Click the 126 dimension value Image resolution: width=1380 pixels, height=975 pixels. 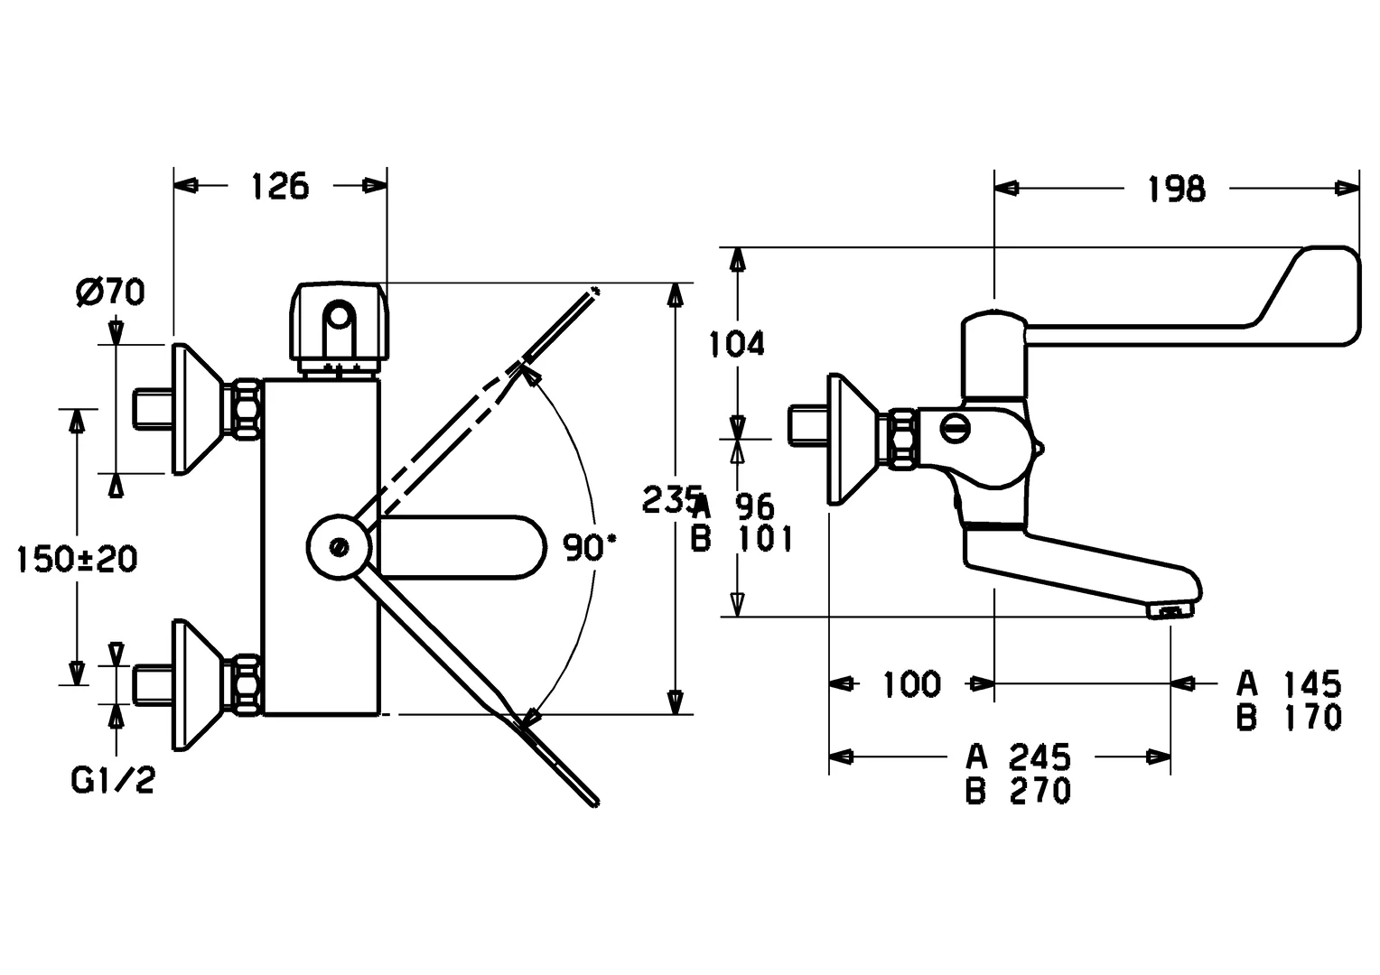pyautogui.click(x=279, y=186)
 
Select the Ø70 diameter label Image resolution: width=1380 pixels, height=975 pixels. pyautogui.click(x=111, y=292)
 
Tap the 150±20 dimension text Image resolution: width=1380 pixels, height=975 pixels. pyautogui.click(x=78, y=559)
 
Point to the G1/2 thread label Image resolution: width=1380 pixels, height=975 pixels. pyautogui.click(x=113, y=780)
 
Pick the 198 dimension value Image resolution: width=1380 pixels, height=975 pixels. pyautogui.click(x=1176, y=189)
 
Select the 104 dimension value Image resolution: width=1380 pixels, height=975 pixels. pyautogui.click(x=736, y=343)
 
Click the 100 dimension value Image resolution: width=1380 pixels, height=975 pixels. pyautogui.click(x=910, y=683)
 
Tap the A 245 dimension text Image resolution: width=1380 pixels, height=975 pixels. pyautogui.click(x=1019, y=755)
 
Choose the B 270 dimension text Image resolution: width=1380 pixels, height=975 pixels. pyautogui.click(x=1019, y=791)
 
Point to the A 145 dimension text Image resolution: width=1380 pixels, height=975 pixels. pyautogui.click(x=1290, y=682)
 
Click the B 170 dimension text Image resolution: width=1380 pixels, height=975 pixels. pyautogui.click(x=1290, y=718)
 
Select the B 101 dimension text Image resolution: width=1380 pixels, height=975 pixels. pyautogui.click(x=741, y=539)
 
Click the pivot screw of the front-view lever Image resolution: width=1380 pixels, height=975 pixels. pyautogui.click(x=340, y=546)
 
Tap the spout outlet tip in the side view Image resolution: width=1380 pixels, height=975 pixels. pyautogui.click(x=1170, y=612)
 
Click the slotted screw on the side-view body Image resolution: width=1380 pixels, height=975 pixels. pyautogui.click(x=955, y=427)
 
